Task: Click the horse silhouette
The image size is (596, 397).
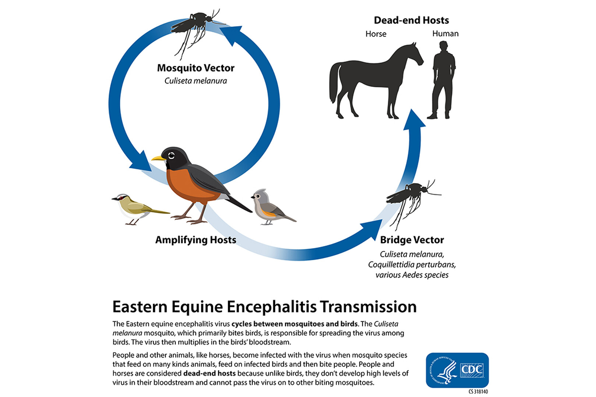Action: [372, 80]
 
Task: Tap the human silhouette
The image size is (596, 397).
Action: [443, 80]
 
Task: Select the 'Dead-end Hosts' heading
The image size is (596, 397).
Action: [411, 20]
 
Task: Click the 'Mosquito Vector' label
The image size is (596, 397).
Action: [196, 68]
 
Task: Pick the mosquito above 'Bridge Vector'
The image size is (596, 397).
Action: [412, 202]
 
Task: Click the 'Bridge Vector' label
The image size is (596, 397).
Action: [412, 240]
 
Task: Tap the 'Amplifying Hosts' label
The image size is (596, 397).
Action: [196, 240]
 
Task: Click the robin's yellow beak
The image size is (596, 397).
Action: [159, 158]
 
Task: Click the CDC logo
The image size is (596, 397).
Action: [457, 370]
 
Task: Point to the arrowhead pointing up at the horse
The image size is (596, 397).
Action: [414, 120]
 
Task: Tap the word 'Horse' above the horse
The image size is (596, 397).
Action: [376, 34]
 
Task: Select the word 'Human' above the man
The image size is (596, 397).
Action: [446, 33]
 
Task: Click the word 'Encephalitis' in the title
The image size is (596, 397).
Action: [272, 307]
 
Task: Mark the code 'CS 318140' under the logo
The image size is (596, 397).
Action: [478, 392]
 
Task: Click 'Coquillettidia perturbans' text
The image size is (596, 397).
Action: [412, 265]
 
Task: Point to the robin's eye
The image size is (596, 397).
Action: [171, 155]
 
